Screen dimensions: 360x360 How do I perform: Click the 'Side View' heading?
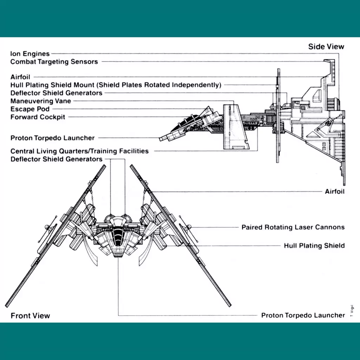tap(326, 47)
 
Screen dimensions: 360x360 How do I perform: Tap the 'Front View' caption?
tap(30, 316)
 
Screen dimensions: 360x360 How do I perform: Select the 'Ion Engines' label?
tap(30, 54)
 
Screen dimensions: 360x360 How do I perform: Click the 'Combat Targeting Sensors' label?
tap(54, 62)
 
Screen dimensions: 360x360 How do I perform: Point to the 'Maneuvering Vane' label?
tap(41, 101)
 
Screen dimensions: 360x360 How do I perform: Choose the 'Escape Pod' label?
tap(30, 109)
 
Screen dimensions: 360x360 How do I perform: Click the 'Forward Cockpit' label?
tap(38, 117)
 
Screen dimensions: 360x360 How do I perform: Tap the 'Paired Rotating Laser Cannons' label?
tap(293, 227)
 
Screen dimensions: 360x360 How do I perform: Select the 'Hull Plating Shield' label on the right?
tap(314, 246)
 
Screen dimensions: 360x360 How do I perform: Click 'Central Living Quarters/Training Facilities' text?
tap(79, 151)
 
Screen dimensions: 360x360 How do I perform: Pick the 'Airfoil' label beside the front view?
tap(335, 192)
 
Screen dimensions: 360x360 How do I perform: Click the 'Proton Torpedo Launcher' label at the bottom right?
tap(303, 315)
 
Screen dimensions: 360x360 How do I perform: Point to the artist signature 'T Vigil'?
tap(352, 311)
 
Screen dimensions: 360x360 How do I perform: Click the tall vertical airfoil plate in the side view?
tap(278, 115)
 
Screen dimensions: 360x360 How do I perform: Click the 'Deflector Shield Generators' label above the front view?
tap(57, 159)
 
